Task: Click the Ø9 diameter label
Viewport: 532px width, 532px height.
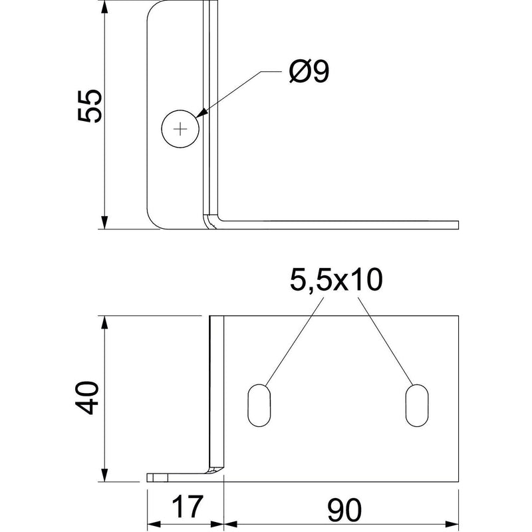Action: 309,72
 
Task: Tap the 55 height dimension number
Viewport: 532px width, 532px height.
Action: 90,106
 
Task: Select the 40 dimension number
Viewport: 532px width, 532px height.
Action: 86,398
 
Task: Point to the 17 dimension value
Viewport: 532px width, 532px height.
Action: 188,507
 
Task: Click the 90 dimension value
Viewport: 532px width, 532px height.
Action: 344,510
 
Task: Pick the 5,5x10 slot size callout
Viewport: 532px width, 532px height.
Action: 336,280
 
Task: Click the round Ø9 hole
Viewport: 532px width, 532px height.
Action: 180,129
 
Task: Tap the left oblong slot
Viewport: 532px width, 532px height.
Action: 259,406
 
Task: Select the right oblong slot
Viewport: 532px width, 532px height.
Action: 417,406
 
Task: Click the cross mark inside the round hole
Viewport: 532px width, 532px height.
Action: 180,129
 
